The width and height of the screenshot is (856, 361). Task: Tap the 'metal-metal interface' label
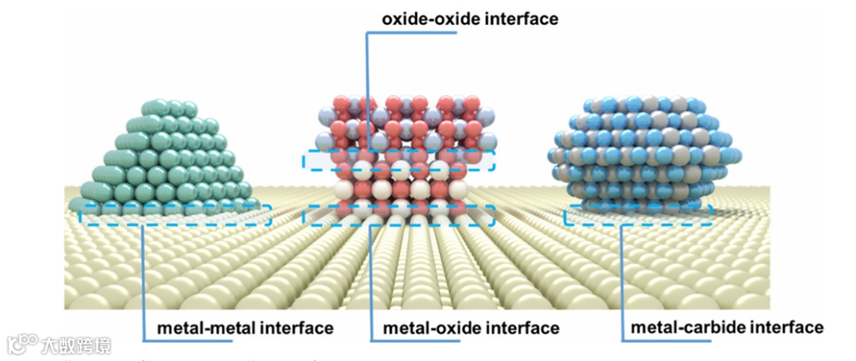[x=245, y=328]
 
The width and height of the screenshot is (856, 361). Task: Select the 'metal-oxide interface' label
[x=472, y=328]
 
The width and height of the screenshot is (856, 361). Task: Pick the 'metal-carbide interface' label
[x=727, y=327]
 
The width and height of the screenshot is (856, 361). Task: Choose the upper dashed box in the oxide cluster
[x=398, y=160]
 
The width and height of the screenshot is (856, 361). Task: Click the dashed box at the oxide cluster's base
[x=399, y=215]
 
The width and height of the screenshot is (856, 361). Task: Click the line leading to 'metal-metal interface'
[x=143, y=278]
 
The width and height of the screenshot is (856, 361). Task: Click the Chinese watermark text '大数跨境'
[x=78, y=345]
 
